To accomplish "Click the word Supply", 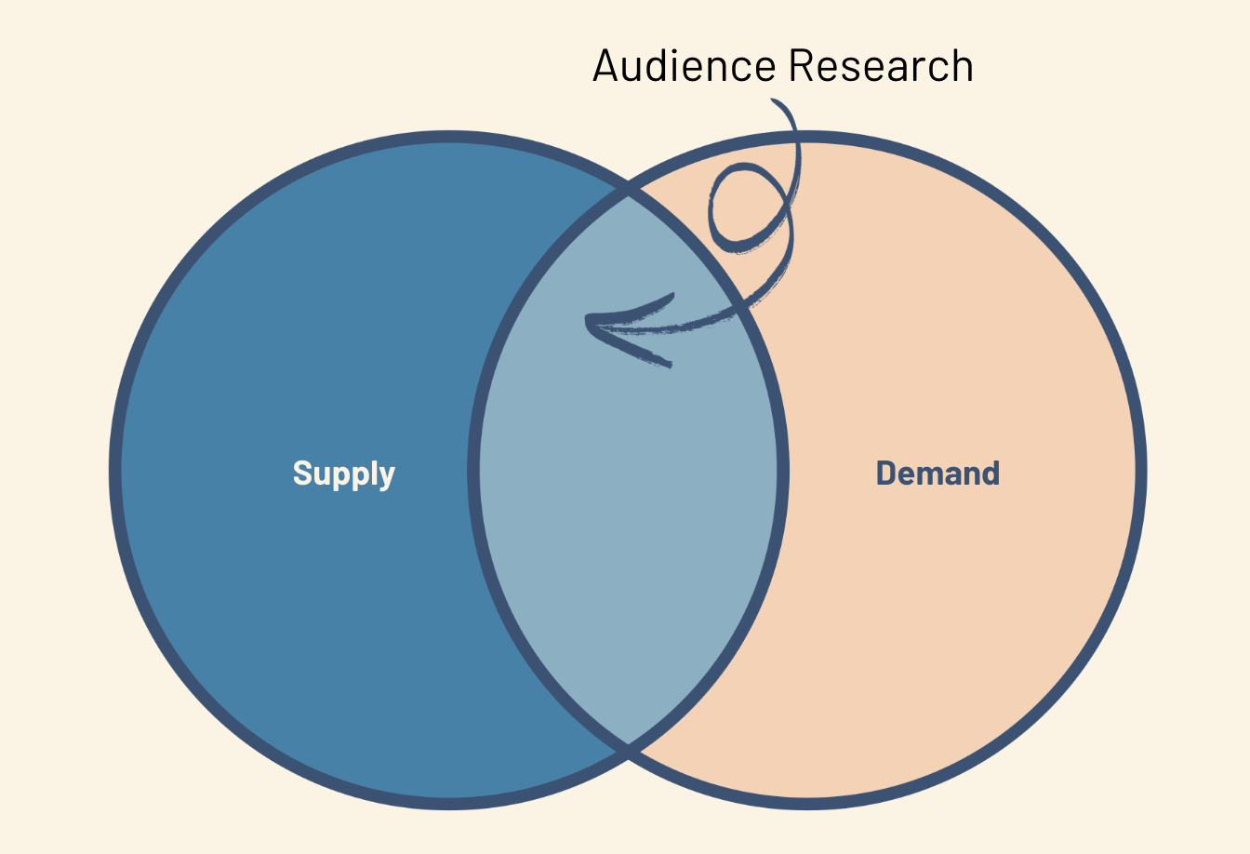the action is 344,474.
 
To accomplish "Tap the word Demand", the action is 937,474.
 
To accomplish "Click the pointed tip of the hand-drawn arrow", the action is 588,323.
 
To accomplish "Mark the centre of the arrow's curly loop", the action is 747,207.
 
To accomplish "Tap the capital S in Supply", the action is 302,473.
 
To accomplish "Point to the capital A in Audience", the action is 606,66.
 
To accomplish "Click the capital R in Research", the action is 801,66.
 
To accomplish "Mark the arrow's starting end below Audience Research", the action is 774,101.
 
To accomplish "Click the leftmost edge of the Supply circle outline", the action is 115,471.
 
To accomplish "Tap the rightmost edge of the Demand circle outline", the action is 1141,471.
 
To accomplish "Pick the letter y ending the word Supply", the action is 387,477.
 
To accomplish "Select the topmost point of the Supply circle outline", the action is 448,137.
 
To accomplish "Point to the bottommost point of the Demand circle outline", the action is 807,804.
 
